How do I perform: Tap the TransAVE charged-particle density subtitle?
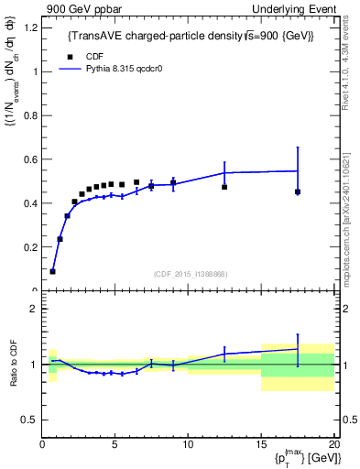[191, 37]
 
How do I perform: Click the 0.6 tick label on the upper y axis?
[30, 159]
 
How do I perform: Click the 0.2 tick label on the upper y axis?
[30, 247]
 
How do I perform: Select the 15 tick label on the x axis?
[261, 445]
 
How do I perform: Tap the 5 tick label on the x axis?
[115, 445]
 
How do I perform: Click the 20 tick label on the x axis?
[333, 445]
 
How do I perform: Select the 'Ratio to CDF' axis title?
[14, 365]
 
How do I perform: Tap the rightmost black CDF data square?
[298, 191]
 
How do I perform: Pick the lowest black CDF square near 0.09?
[52, 271]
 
